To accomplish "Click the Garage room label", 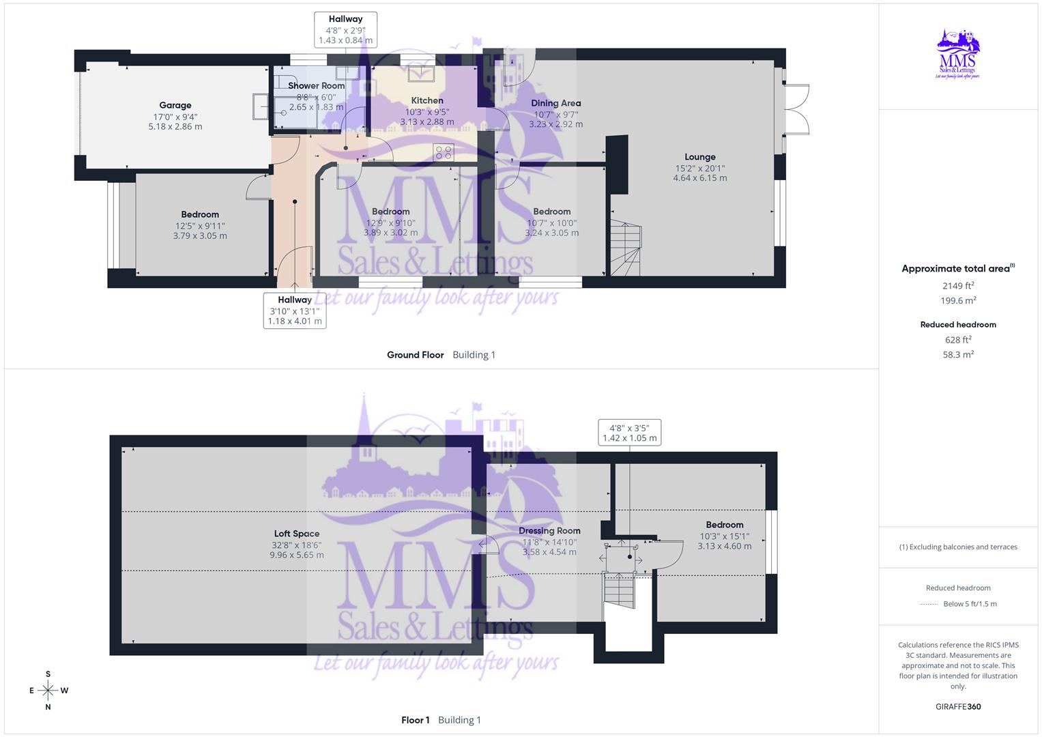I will (175, 105).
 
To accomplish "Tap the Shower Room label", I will (316, 86).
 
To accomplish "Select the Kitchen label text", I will (427, 100).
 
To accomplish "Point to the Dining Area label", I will (555, 103).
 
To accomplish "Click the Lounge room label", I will (699, 157).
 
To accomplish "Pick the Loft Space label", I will (297, 534).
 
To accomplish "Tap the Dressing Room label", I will (549, 531).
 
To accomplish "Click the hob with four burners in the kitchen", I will (444, 152).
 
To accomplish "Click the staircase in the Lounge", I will (626, 248).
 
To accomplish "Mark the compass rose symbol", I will (48, 691).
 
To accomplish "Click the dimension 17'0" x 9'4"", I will (175, 116).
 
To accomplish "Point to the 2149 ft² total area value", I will (958, 286).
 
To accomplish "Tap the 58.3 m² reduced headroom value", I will (958, 355).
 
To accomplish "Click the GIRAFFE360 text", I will (958, 706).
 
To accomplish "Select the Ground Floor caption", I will (415, 355).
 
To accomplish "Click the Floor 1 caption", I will (416, 720).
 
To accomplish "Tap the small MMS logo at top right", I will (958, 54).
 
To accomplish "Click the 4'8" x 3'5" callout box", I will (629, 433).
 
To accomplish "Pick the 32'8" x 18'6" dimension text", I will (297, 545).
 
